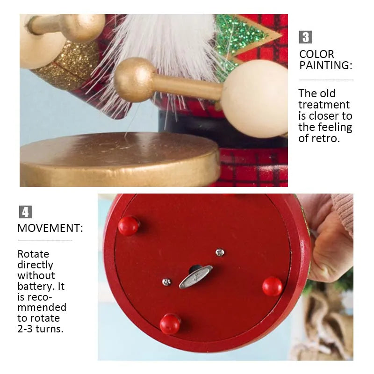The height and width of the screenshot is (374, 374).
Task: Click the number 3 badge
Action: pyautogui.click(x=305, y=37)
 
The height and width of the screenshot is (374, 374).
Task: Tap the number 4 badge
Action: pyautogui.click(x=25, y=212)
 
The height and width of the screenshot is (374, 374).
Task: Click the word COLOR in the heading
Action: pyautogui.click(x=316, y=54)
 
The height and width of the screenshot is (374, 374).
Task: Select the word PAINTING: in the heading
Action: pyautogui.click(x=325, y=65)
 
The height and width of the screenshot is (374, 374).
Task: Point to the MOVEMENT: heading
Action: pyautogui.click(x=50, y=228)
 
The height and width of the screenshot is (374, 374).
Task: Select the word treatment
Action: pyautogui.click(x=324, y=105)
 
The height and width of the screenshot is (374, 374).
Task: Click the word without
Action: pyautogui.click(x=36, y=275)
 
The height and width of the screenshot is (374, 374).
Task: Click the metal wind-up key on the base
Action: pyautogui.click(x=195, y=277)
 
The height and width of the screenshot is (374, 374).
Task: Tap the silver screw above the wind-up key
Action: pyautogui.click(x=220, y=252)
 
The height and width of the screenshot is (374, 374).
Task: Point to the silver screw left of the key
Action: pyautogui.click(x=166, y=282)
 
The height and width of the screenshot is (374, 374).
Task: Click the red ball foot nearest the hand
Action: pyautogui.click(x=273, y=286)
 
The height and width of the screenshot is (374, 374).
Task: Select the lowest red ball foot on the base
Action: pyautogui.click(x=170, y=324)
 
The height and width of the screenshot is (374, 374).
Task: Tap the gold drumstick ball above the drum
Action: pyautogui.click(x=134, y=80)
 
